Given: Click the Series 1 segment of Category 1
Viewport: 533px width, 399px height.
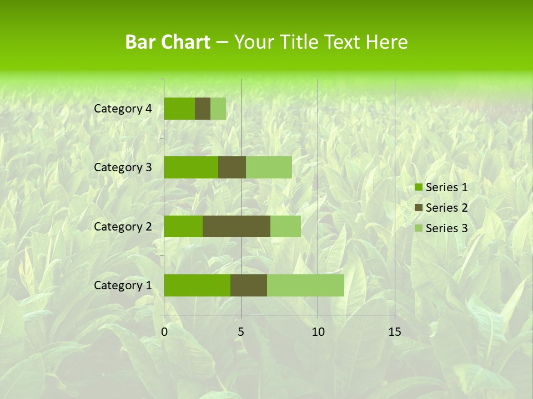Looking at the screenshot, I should [197, 285].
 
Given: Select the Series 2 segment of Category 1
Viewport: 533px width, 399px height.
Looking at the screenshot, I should [249, 285].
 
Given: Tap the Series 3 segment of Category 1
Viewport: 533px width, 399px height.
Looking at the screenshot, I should [305, 285].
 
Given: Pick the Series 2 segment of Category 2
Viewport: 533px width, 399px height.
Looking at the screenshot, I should [237, 226].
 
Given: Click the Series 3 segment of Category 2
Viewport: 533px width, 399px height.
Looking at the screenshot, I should [285, 226].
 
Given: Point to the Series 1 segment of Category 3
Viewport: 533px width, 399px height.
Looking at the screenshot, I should [191, 167].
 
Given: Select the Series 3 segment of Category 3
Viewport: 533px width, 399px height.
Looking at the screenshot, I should [269, 167].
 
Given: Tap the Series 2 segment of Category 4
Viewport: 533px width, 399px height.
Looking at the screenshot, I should [203, 109].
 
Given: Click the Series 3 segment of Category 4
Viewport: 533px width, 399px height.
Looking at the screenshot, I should [218, 109].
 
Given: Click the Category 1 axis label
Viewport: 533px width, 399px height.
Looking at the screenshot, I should [123, 285].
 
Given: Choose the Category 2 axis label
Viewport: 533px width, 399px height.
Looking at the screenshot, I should [123, 226].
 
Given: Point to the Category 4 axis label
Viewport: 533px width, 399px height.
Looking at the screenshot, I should [123, 109].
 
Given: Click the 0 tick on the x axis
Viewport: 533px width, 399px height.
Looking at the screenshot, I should [164, 332].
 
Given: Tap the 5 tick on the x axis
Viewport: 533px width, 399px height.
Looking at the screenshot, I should [241, 332].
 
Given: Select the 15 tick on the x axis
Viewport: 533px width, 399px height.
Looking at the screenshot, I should [395, 332].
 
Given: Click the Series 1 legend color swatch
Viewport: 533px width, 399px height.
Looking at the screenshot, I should [418, 187].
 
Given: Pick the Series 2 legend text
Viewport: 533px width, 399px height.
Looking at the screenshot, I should [446, 208].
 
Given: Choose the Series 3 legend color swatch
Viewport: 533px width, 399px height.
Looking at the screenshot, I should [418, 228].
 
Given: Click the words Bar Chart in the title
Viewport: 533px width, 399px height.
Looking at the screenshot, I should [168, 42].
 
